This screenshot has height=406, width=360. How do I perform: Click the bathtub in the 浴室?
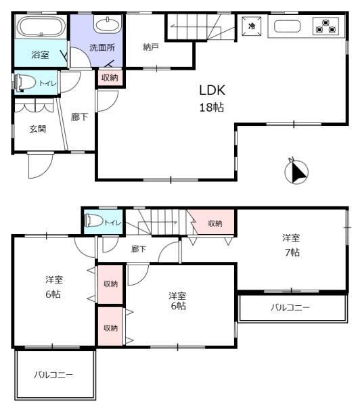[x=41, y=26]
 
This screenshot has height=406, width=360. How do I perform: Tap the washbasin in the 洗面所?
[x=107, y=25]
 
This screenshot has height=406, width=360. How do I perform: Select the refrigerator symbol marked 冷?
[x=252, y=26]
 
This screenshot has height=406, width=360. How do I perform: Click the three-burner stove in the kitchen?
[x=325, y=26]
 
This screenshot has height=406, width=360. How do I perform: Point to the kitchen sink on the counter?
[x=287, y=26]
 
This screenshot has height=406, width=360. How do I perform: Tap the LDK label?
[x=212, y=90]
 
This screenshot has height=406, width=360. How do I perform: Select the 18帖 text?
[x=212, y=107]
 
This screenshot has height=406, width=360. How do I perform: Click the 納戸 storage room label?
[x=150, y=47]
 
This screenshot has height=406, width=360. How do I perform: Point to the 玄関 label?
[x=38, y=129]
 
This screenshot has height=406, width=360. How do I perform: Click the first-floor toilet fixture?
[x=25, y=83]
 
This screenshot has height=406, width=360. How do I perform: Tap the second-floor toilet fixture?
[x=94, y=221]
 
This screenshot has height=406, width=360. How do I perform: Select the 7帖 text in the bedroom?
[x=292, y=252]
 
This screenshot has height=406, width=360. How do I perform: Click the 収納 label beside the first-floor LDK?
[x=110, y=77]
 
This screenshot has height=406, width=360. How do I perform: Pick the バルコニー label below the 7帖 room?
[x=290, y=307]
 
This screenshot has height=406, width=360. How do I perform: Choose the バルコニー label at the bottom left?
[x=53, y=374]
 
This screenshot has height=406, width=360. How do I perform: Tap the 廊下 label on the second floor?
[x=139, y=249]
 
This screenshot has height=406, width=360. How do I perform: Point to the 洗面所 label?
[x=102, y=47]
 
